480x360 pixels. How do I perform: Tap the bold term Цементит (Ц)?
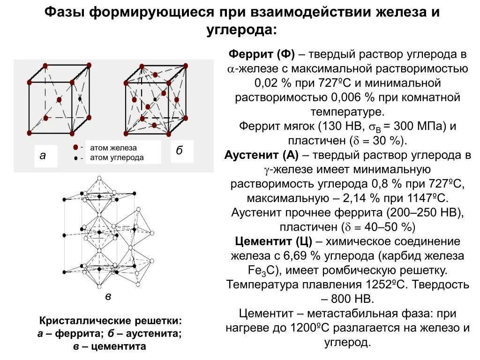click(x=273, y=241)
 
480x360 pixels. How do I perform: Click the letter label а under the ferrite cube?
click(x=43, y=155)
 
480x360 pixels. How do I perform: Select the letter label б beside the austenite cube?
click(x=179, y=150)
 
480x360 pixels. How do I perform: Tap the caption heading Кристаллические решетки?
click(x=110, y=322)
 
